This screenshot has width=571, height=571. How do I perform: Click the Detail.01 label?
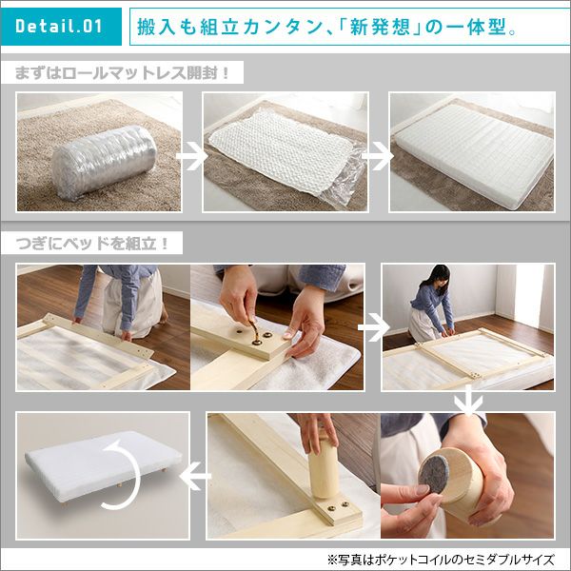point(59,27)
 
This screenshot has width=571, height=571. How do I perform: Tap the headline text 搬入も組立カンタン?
point(229,27)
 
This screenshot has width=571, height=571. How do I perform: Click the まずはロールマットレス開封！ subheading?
point(123,73)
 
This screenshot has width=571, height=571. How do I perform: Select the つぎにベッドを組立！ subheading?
point(92,244)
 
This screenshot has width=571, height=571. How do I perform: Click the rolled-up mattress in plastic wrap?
point(104,162)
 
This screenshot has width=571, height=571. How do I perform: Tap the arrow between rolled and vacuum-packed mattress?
point(192,156)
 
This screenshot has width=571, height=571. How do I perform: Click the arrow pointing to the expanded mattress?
point(378,156)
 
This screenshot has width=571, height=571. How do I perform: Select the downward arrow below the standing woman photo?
point(468,401)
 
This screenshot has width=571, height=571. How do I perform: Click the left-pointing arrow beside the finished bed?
point(195,476)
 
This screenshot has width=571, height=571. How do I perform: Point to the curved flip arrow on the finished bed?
point(123,474)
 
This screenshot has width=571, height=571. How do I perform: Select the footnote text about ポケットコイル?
point(441,559)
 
